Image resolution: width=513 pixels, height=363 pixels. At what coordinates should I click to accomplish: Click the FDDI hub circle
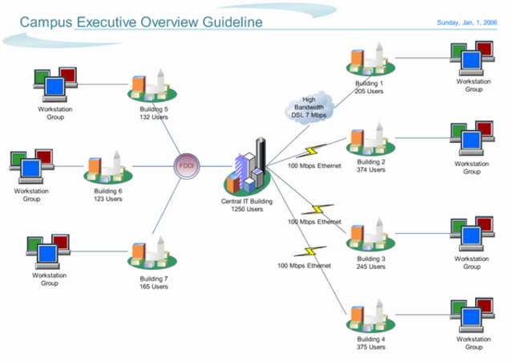187,166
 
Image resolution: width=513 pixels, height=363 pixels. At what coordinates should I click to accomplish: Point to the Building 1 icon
370,60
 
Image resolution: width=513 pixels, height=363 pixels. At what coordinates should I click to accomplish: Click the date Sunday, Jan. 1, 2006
471,22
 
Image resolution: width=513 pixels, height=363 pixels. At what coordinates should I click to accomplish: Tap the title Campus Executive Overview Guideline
141,22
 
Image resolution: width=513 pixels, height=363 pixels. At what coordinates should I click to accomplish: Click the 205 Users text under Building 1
369,92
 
